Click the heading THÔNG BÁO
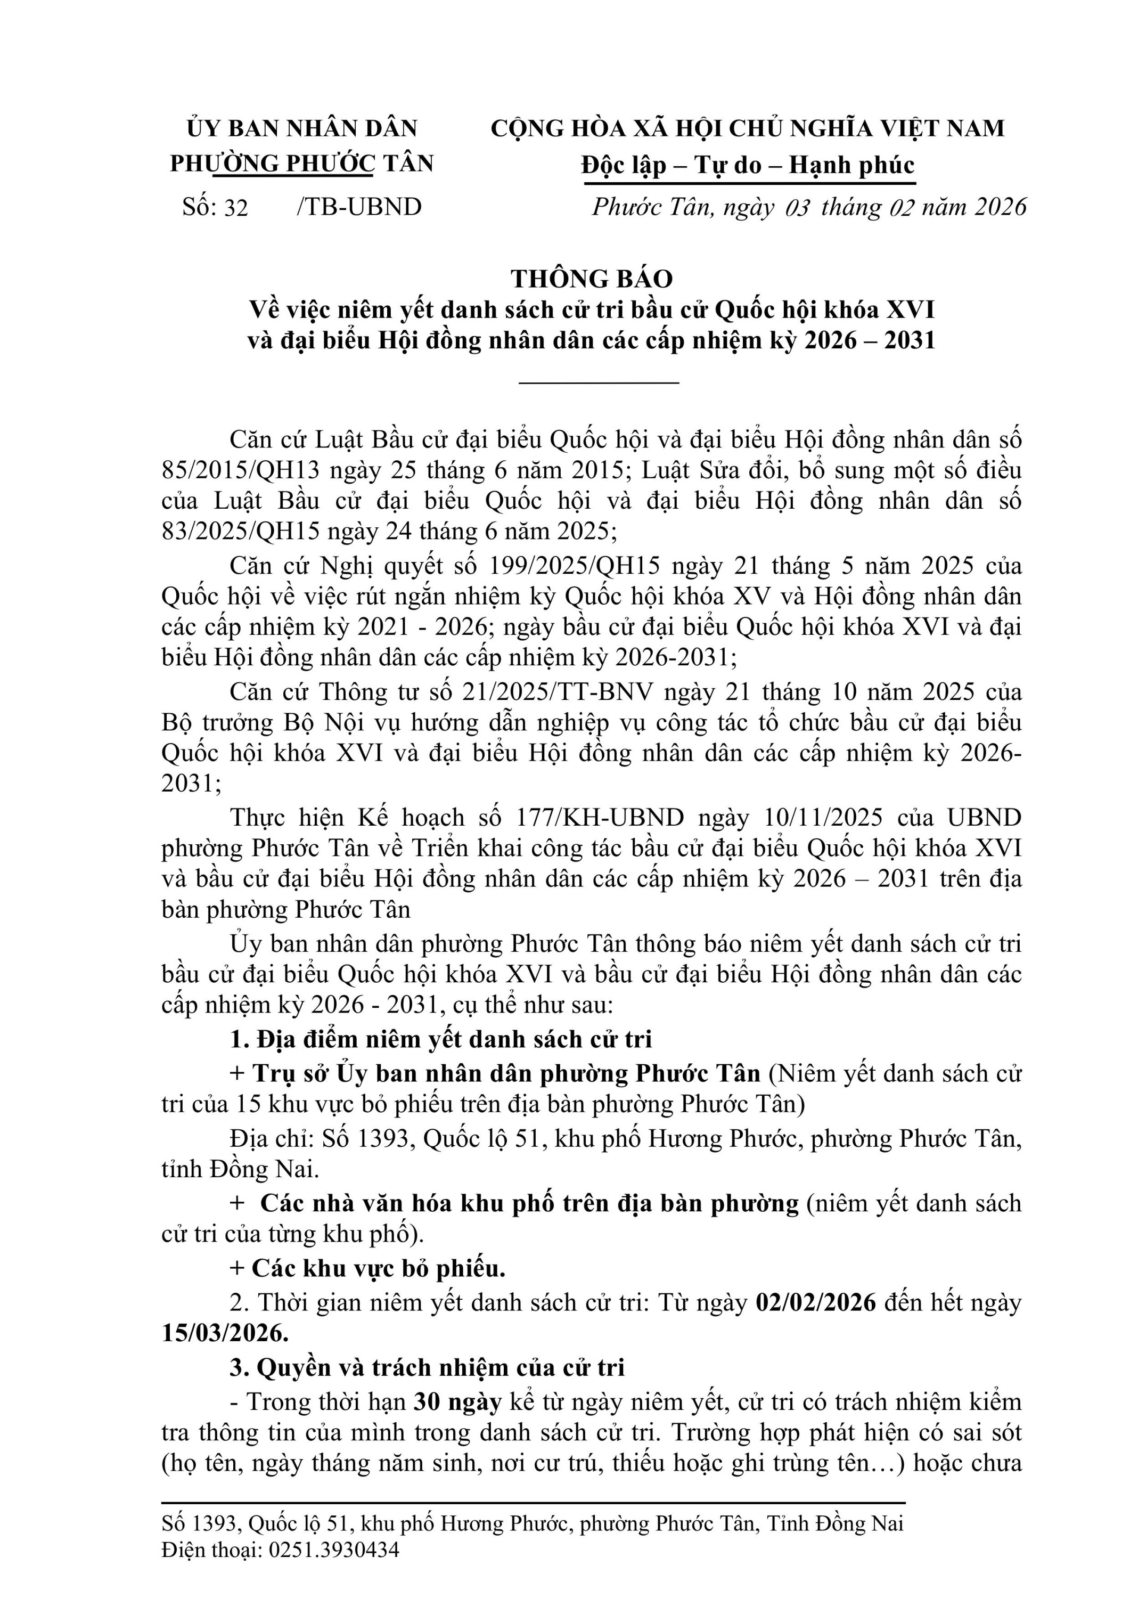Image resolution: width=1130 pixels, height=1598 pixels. tap(592, 279)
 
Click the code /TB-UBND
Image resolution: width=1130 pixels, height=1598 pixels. tap(359, 207)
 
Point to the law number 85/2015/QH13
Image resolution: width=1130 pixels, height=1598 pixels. tap(241, 470)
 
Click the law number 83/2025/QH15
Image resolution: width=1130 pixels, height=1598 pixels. tap(241, 532)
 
